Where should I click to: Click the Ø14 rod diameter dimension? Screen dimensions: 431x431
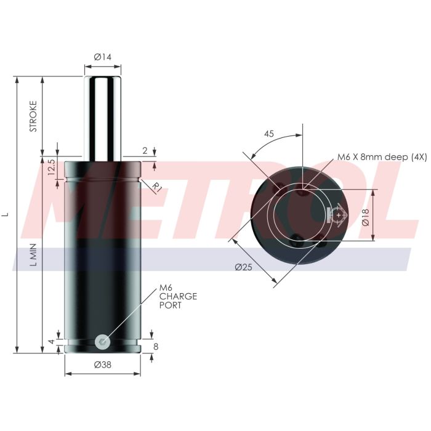click(102, 57)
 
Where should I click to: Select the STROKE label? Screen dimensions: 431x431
click(34, 116)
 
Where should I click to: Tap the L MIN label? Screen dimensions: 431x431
click(34, 255)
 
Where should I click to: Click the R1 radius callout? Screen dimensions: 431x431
click(157, 187)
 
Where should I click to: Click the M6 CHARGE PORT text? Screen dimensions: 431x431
click(178, 296)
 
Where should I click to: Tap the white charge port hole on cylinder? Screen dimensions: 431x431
click(102, 340)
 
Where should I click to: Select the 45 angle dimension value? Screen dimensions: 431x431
click(268, 133)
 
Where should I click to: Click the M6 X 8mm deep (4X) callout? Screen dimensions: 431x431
click(381, 158)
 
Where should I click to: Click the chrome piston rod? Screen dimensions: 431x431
click(102, 117)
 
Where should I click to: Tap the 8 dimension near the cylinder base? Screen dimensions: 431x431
click(156, 347)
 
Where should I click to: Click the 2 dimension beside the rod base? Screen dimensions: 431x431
click(145, 150)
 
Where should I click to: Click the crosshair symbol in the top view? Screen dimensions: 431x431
click(338, 214)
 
